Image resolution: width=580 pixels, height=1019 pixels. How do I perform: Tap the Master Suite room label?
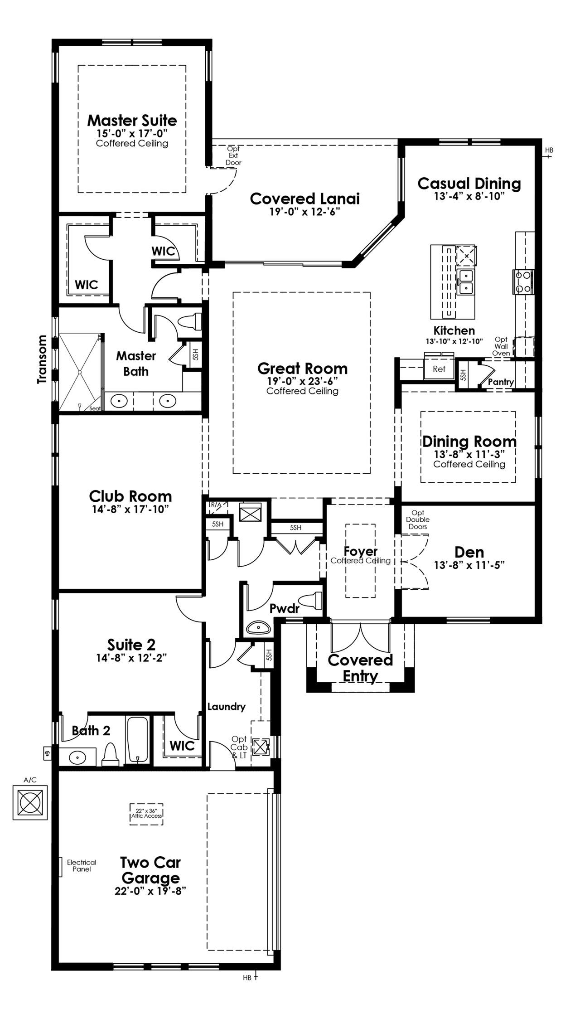click(x=132, y=121)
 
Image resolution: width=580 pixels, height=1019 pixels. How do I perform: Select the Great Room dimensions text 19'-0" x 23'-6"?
click(x=302, y=381)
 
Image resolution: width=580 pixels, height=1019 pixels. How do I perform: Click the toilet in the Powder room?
click(x=313, y=601)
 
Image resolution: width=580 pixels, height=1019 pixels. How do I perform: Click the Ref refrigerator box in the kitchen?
click(x=439, y=369)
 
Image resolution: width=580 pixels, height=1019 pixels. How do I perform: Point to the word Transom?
click(x=42, y=359)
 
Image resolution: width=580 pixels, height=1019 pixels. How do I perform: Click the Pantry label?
click(x=501, y=382)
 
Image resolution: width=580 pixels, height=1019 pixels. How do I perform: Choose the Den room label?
click(x=469, y=552)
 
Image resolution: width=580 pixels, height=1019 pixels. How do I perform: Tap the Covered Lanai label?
click(x=305, y=199)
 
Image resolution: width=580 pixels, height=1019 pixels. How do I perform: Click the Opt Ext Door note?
click(x=233, y=155)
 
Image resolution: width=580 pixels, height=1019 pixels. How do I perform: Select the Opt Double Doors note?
click(x=418, y=519)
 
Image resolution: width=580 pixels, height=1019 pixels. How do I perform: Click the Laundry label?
click(x=227, y=706)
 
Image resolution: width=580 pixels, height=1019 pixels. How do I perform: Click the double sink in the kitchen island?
click(x=464, y=282)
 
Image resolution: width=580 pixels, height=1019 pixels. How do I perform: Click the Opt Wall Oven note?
click(x=502, y=346)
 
